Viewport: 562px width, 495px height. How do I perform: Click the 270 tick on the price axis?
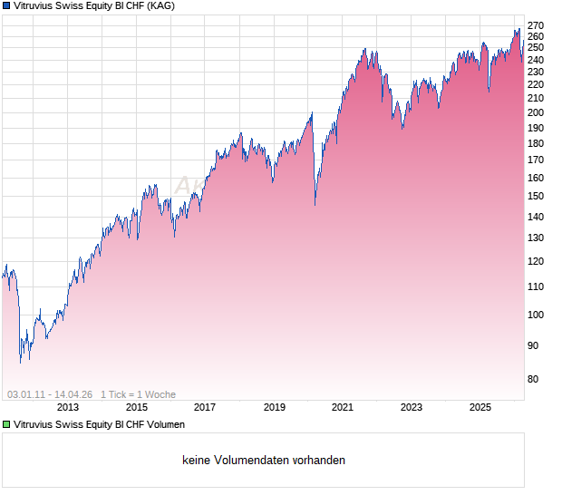point(535,24)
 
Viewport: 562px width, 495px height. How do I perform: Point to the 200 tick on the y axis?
point(535,113)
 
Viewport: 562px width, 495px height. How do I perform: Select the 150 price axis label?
point(535,196)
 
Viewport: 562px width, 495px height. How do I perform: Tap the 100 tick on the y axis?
point(535,315)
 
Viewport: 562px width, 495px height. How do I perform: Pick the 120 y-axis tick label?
point(535,261)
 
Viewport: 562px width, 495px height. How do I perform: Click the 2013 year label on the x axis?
point(68,407)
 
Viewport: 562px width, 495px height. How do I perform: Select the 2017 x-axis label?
point(205,407)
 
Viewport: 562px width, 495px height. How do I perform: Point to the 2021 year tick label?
point(343,407)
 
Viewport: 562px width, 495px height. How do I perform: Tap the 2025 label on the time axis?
point(480,407)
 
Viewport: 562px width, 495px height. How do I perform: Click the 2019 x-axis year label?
point(274,407)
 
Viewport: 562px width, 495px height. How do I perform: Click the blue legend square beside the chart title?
point(7,6)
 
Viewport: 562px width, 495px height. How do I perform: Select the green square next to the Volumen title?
point(7,424)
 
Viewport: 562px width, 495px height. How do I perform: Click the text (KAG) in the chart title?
point(160,6)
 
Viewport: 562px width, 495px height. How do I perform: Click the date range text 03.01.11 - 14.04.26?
point(50,394)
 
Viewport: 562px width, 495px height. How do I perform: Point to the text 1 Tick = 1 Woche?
point(138,394)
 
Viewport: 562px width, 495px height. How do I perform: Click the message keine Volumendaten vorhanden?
point(264,461)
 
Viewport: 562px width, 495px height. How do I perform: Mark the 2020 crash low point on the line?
point(315,205)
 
